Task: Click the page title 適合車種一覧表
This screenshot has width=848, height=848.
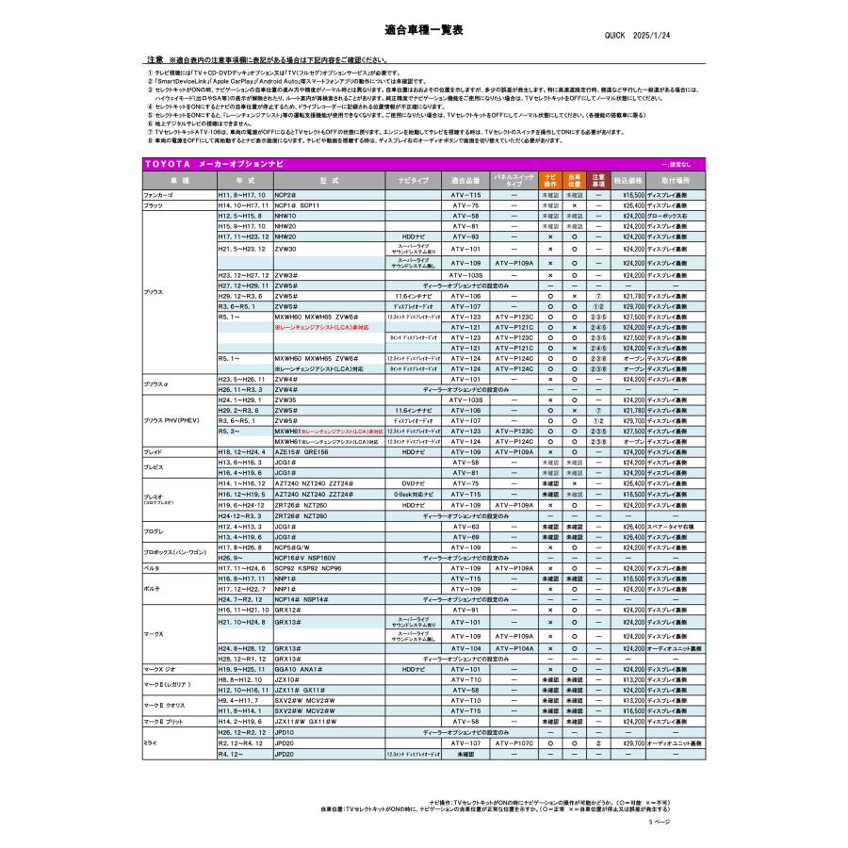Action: (x=424, y=30)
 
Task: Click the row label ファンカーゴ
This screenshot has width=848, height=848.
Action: (x=158, y=195)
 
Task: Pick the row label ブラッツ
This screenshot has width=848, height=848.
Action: (x=153, y=204)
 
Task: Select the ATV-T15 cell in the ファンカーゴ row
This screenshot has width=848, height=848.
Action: (x=465, y=195)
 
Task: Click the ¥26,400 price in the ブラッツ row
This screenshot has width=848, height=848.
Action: (x=632, y=204)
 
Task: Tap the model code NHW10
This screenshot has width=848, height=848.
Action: (x=285, y=216)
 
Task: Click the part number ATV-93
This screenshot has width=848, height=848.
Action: (x=465, y=236)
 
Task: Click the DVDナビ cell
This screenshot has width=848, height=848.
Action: (x=414, y=483)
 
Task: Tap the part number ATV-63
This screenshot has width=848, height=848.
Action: (x=465, y=527)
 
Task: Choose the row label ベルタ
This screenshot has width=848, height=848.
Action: (x=151, y=569)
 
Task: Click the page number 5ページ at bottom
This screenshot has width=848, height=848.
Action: (x=659, y=823)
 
